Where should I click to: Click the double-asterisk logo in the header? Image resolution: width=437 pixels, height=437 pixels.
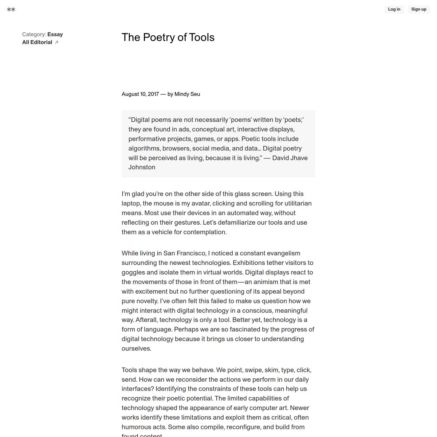(x=11, y=9)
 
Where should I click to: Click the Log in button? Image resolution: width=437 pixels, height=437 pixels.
(x=394, y=9)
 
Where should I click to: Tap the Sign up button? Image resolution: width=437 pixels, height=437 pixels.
(x=418, y=9)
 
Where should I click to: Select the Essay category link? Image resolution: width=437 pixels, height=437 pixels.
(x=55, y=35)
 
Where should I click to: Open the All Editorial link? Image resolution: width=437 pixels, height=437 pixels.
(x=37, y=42)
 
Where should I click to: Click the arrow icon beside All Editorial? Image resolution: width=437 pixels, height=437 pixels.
(x=56, y=43)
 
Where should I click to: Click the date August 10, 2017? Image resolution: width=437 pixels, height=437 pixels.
(x=140, y=94)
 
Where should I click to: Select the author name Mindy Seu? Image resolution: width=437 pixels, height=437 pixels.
(x=187, y=94)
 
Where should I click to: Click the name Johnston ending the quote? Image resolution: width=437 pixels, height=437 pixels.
(x=142, y=168)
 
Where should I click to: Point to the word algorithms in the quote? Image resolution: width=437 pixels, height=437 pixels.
(x=144, y=149)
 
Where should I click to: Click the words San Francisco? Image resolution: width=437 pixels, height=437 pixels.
(x=185, y=253)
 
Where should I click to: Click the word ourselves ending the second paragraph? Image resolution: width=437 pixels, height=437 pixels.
(x=136, y=349)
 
